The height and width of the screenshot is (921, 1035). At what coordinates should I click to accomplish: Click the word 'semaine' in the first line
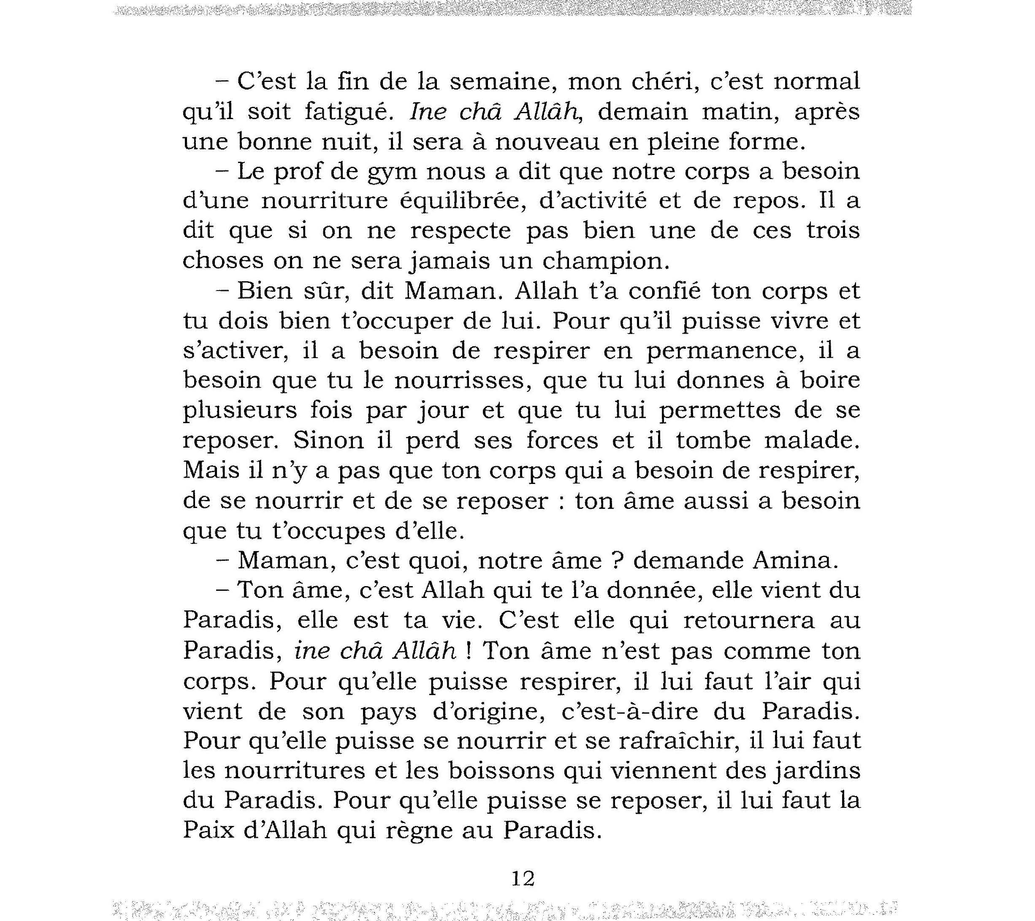tap(501, 82)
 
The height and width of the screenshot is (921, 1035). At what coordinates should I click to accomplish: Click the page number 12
tap(523, 878)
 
